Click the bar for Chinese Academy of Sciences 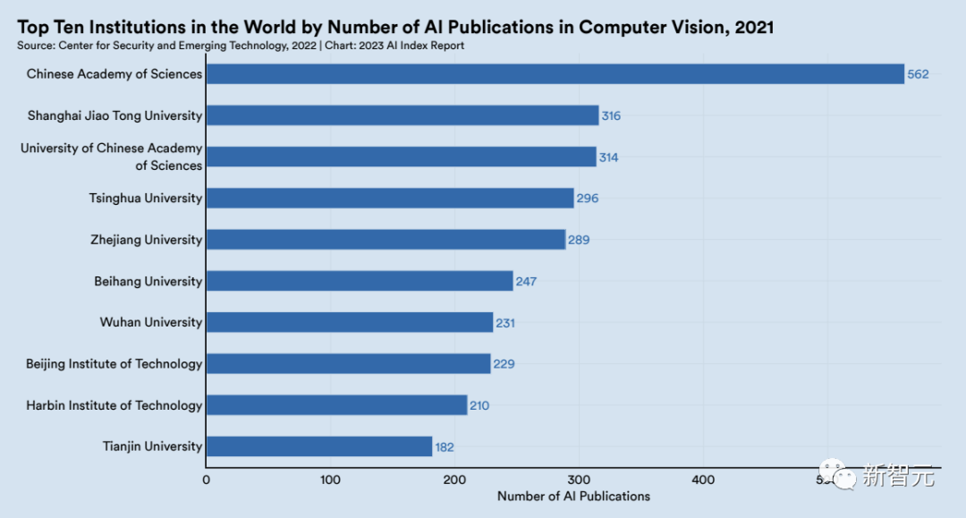tap(555, 74)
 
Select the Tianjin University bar tap(319, 446)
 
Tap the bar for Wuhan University tap(350, 322)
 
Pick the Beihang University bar tap(360, 281)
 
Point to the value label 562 tap(918, 74)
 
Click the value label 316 tap(610, 115)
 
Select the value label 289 tap(579, 240)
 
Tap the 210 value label tap(479, 405)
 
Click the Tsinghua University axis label tap(146, 198)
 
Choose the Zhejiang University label tap(147, 240)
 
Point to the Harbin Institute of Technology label tap(114, 405)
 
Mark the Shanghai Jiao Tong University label tap(114, 115)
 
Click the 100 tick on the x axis tap(331, 480)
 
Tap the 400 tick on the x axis tap(703, 480)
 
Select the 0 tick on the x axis tap(207, 480)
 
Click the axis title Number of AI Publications tap(573, 497)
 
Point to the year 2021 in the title tap(754, 27)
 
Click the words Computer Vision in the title tap(653, 27)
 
